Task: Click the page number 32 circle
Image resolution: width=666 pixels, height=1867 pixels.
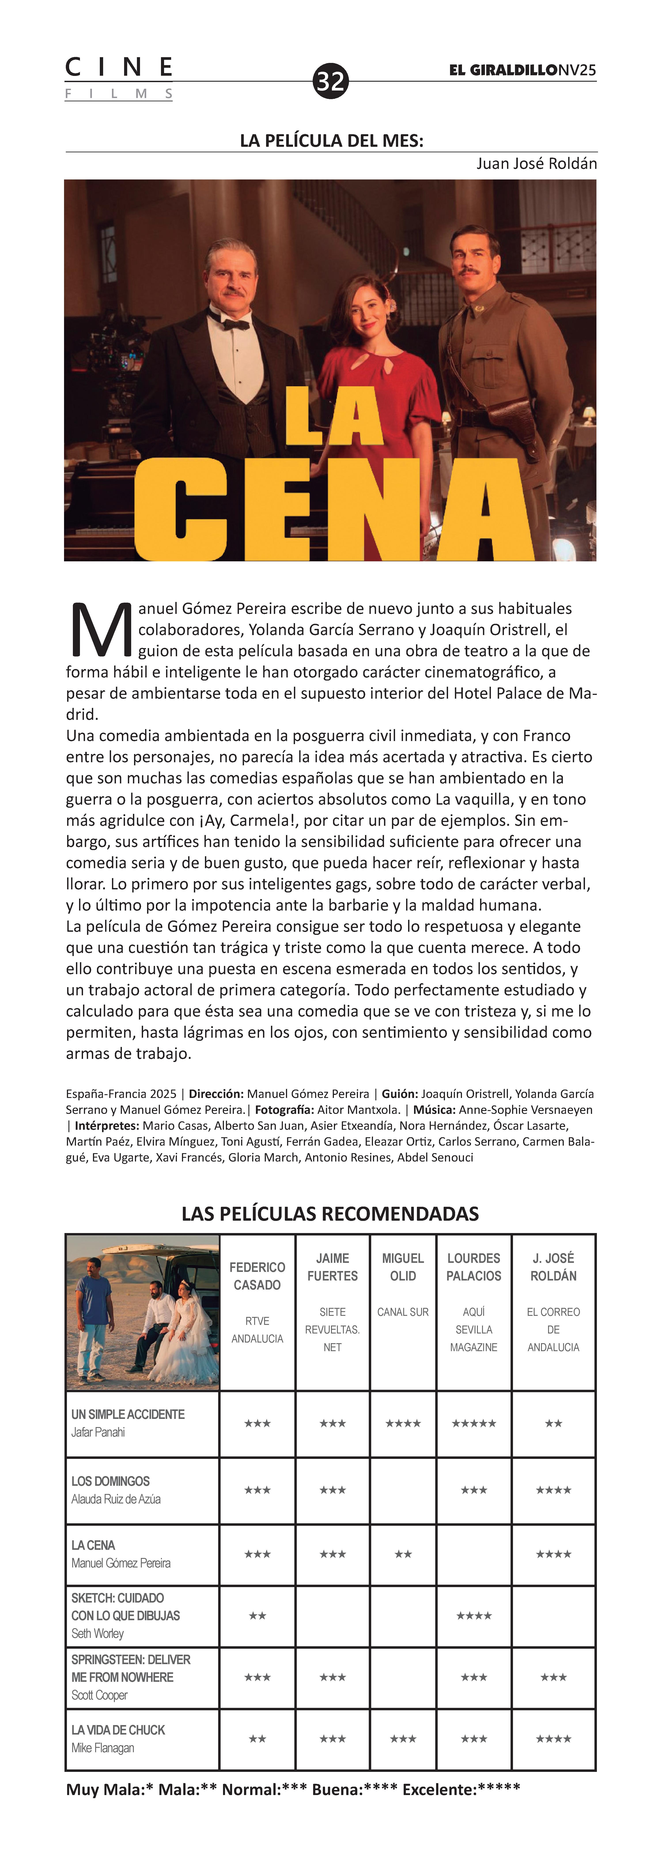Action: point(331,80)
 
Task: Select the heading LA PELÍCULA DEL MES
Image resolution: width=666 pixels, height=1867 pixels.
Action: point(331,141)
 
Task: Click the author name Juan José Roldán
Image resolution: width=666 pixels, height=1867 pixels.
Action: point(536,164)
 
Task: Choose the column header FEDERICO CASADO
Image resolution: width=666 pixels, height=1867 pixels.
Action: point(257,1276)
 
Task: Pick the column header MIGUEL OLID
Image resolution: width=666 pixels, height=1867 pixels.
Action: point(403,1267)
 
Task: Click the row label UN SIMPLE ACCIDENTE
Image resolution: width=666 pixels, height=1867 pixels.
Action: point(128,1414)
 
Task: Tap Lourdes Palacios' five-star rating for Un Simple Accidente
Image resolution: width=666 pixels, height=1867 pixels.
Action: point(474,1424)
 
